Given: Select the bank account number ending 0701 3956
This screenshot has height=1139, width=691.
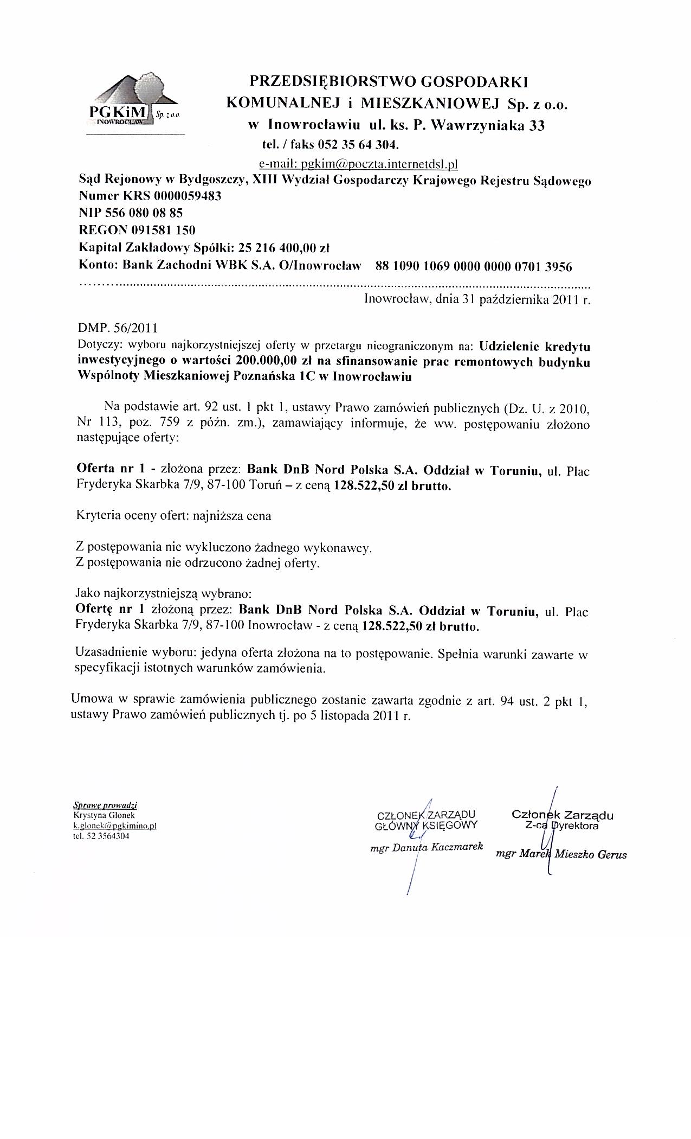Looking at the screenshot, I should (x=473, y=266).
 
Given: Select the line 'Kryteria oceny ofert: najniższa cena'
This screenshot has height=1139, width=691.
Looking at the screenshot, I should (x=174, y=516).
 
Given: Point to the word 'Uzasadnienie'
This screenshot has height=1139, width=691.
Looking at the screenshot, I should (x=107, y=654).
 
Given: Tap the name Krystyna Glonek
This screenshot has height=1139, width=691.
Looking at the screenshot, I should (x=104, y=815).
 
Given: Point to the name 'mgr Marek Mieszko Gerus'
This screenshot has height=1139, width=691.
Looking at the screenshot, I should (x=561, y=854).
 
